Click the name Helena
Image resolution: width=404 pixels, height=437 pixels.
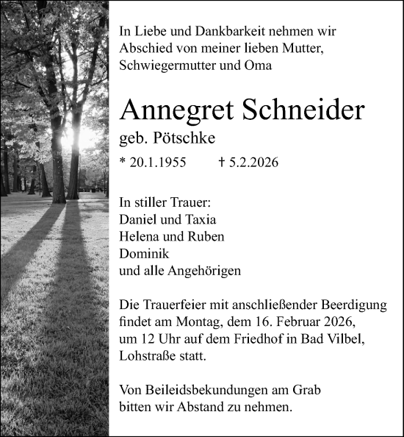138,236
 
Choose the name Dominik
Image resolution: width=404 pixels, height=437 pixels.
143,253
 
